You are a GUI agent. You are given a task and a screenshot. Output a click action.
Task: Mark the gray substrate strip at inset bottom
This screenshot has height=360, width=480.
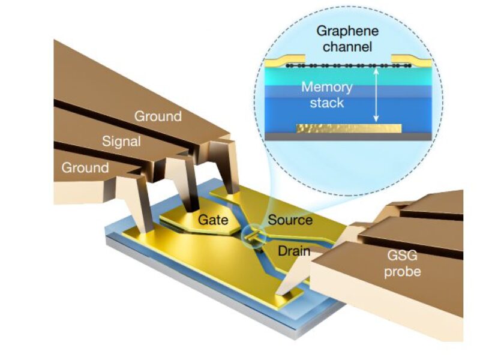point(348,137)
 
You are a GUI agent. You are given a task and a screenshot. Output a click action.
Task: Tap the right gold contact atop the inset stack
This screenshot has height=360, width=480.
point(409,61)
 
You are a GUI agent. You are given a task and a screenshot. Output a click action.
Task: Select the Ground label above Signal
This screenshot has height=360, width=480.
point(157,116)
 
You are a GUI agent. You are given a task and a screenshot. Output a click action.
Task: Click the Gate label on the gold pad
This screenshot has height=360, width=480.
point(213,220)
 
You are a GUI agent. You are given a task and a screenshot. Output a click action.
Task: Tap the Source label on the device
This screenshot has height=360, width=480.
point(290,220)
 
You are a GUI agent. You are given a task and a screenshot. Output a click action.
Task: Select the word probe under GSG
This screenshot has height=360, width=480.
point(400,271)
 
